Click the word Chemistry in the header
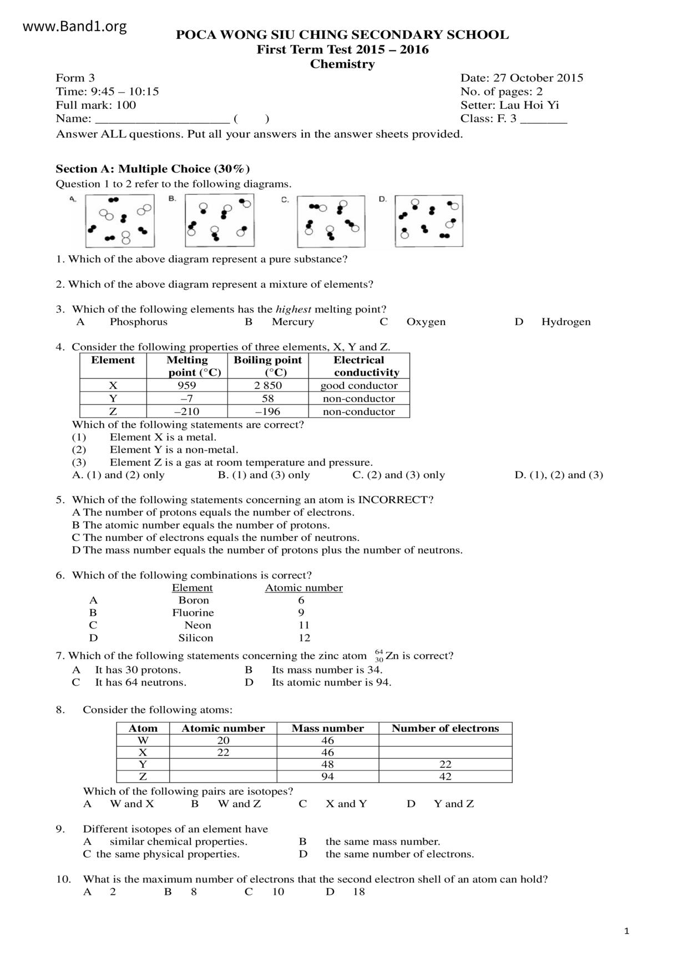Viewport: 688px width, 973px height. click(x=342, y=64)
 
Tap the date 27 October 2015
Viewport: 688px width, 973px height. click(x=538, y=78)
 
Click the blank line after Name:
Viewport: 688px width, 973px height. click(x=163, y=119)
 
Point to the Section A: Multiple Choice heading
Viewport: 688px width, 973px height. click(x=153, y=169)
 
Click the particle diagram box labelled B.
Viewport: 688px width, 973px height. click(x=220, y=220)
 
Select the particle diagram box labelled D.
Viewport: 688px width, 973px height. click(x=429, y=220)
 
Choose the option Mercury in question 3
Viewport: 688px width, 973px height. click(x=292, y=322)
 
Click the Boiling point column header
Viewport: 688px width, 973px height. click(x=268, y=366)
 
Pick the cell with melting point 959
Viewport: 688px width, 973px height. click(x=186, y=386)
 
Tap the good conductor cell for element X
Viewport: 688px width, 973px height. click(x=359, y=386)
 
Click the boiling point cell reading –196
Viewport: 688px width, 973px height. click(x=267, y=412)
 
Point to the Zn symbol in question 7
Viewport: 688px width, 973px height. click(x=392, y=656)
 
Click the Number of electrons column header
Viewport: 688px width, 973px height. click(x=445, y=728)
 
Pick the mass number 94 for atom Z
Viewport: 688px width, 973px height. click(x=327, y=777)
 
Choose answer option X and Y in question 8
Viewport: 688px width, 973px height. click(x=346, y=804)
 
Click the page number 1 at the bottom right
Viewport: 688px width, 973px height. click(x=626, y=931)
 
